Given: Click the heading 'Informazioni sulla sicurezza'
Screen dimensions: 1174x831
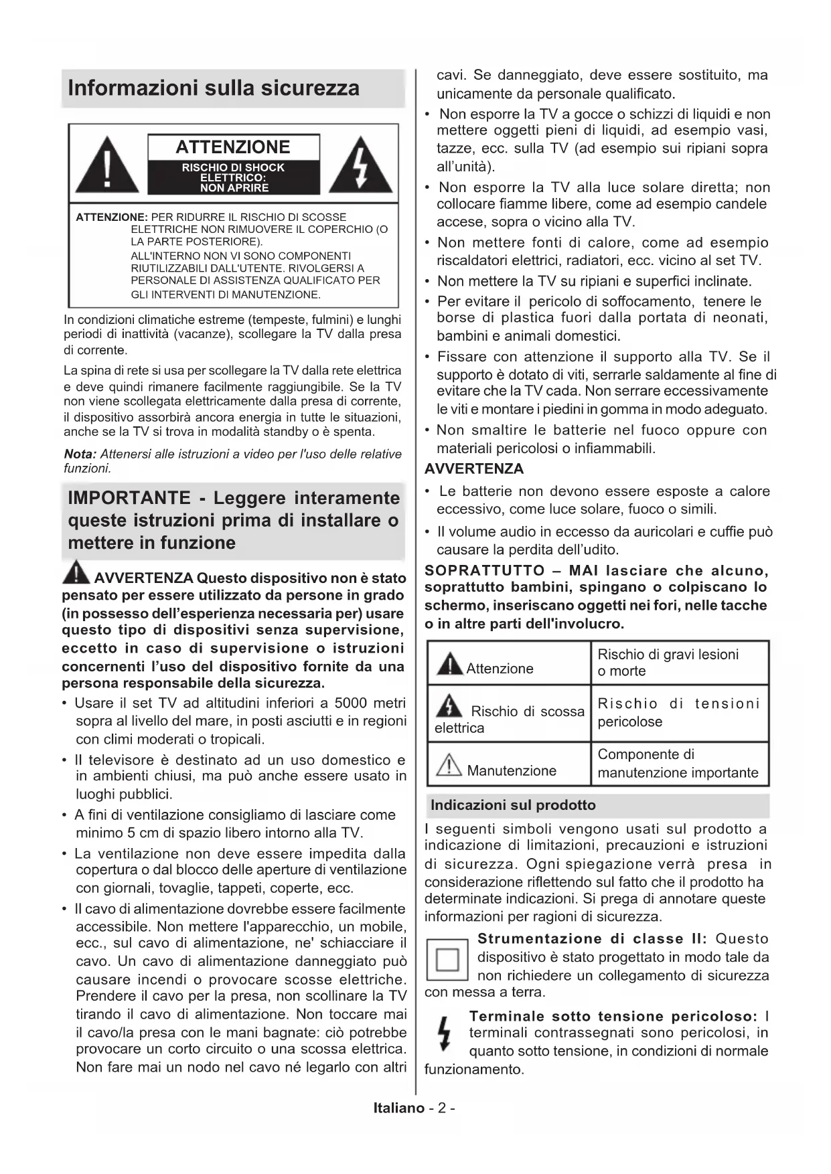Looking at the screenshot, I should pos(214,88).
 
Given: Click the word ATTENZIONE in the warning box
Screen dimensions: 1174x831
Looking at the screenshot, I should pos(233,147).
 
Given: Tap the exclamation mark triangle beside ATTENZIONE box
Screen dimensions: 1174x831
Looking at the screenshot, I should pos(107,165).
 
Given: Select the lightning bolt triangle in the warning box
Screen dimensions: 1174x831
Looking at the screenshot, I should pos(361,165).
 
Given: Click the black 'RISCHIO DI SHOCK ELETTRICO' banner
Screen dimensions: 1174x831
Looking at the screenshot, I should pos(233,177).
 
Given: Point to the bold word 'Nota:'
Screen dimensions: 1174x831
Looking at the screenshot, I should pos(80,454).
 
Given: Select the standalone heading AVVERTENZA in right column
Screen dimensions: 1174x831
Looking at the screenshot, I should pos(474,469).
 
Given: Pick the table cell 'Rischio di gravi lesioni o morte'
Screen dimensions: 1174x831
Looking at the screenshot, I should pos(678,663).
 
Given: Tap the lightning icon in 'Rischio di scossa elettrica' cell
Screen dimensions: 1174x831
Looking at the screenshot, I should pos(449,706).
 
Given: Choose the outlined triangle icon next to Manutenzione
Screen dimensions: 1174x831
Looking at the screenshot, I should pos(449,765).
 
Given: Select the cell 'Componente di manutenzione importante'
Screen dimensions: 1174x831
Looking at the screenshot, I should pos(678,764).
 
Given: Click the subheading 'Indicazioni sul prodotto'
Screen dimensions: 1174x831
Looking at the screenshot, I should pos(513,805).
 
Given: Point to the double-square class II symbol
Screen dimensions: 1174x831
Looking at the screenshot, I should pos(447,960).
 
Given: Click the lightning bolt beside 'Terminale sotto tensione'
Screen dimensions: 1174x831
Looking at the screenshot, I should pos(442,1033).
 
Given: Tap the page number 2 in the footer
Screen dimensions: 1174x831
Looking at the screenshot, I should pos(442,1108).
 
